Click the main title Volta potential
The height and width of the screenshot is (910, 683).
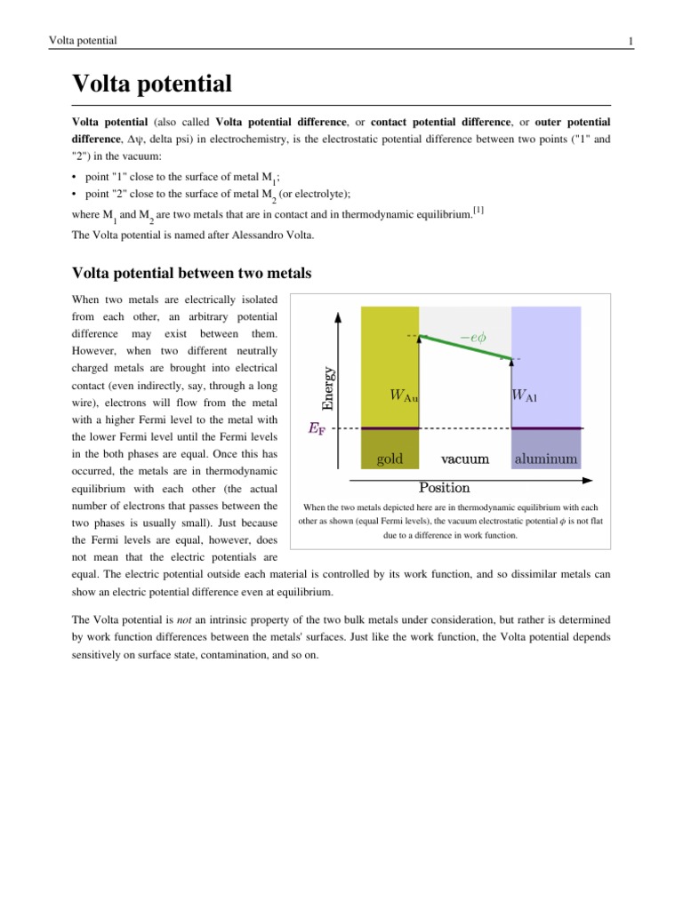pyautogui.click(x=152, y=84)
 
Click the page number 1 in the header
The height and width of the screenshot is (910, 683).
pyautogui.click(x=630, y=41)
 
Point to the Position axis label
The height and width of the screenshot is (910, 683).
pyautogui.click(x=444, y=487)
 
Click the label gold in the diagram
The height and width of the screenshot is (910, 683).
pyautogui.click(x=390, y=459)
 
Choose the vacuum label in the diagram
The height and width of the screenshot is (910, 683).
pyautogui.click(x=465, y=459)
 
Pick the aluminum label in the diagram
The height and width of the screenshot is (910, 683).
pyautogui.click(x=545, y=459)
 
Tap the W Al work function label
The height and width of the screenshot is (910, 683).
pyautogui.click(x=525, y=395)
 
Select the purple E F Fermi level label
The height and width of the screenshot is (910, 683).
pyautogui.click(x=316, y=428)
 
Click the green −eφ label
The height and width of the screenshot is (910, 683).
pyautogui.click(x=472, y=337)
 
